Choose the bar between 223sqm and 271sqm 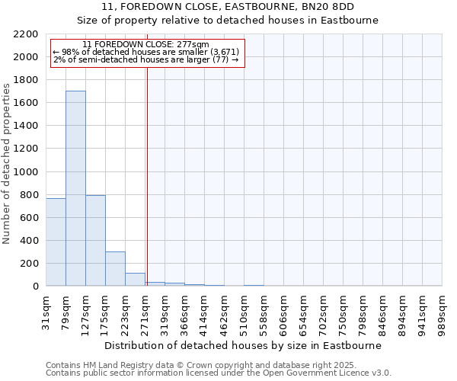point(135,279)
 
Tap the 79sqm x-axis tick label point(66,309)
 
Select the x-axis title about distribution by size point(244,345)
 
